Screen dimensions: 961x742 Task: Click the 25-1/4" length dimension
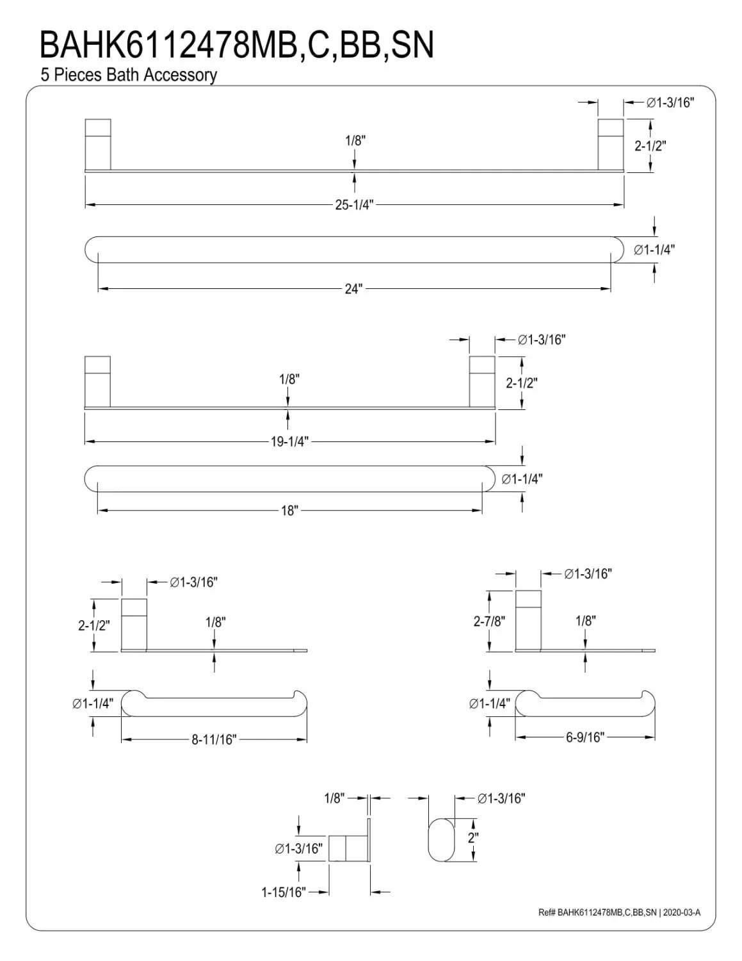coord(354,205)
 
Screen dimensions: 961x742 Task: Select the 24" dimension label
coord(353,289)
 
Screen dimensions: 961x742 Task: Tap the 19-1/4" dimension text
coord(289,441)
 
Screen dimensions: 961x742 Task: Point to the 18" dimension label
coord(289,511)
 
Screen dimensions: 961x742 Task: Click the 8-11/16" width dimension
coord(214,740)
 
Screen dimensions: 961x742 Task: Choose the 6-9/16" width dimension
coord(585,737)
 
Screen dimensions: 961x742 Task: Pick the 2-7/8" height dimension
coord(489,621)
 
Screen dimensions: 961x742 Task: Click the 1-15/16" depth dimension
coord(283,892)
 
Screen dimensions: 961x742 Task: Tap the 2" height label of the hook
coord(473,837)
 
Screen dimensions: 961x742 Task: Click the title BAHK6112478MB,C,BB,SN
coord(237,45)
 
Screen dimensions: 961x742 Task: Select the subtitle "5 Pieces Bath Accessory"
coord(129,75)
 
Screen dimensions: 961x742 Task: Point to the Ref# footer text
coord(619,912)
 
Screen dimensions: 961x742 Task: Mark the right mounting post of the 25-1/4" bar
coord(610,144)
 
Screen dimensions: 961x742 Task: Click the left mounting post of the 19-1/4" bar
coord(97,381)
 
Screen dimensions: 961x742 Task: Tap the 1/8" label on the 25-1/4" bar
coord(355,140)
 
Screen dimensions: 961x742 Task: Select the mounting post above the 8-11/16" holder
coord(134,624)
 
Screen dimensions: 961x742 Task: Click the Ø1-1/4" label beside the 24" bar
coord(654,250)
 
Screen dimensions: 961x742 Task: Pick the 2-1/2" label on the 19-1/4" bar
coord(521,383)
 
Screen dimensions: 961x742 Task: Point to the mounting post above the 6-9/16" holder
coord(528,620)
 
